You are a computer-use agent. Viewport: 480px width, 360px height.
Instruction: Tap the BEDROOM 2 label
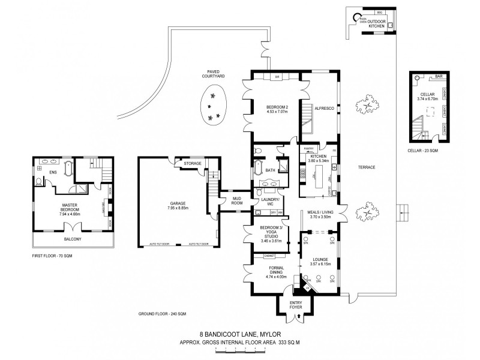point(277,109)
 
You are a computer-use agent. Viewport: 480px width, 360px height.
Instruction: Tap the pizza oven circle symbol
point(356,17)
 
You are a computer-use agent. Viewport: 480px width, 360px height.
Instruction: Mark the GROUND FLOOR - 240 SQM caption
point(162,314)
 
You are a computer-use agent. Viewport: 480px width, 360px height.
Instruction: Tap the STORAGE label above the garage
point(193,163)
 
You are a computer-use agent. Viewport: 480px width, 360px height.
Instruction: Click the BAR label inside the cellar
point(439,76)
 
